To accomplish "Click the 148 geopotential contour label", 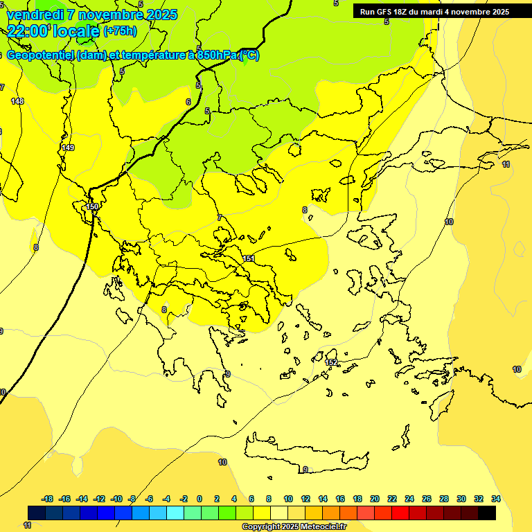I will pos(17,101).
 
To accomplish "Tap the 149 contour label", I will pos(68,148).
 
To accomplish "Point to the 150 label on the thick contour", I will pos(92,206).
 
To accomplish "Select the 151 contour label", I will pos(249,258).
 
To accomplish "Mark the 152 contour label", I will pos(331,362).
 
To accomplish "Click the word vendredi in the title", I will pos(35,15).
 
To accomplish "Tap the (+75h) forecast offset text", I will pos(120,30).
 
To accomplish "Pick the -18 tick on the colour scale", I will pos(48,499).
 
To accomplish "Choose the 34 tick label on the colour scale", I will pos(496,499).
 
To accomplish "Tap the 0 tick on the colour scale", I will pos(199,499).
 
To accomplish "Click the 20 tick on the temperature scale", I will pos(375,499).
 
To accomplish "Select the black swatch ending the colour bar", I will pos(487,513).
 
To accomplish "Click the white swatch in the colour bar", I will pos(279,513).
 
